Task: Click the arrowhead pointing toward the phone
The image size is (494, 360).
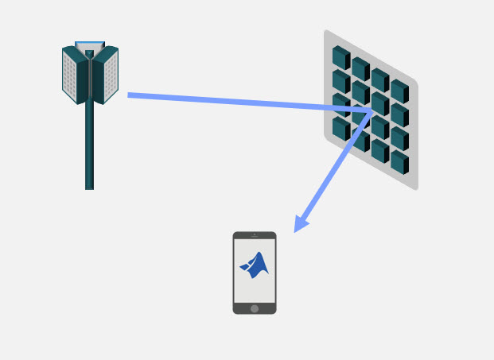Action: click(x=300, y=225)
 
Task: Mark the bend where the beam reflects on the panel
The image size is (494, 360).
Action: click(x=371, y=113)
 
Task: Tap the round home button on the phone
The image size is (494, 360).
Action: click(x=255, y=308)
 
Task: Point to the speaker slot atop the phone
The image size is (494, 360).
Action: click(x=255, y=236)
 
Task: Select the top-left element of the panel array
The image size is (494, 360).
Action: click(x=340, y=57)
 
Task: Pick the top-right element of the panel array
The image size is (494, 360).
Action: click(x=399, y=91)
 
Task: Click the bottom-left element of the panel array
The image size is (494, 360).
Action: click(x=340, y=128)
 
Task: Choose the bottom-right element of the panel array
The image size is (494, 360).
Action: click(x=399, y=162)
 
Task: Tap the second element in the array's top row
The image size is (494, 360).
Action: click(x=360, y=68)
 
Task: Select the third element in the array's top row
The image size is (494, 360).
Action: click(x=380, y=79)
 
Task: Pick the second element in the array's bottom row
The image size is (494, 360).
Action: click(x=360, y=140)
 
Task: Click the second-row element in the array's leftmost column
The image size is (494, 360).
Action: click(x=340, y=81)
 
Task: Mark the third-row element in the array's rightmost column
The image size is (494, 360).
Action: click(x=399, y=138)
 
